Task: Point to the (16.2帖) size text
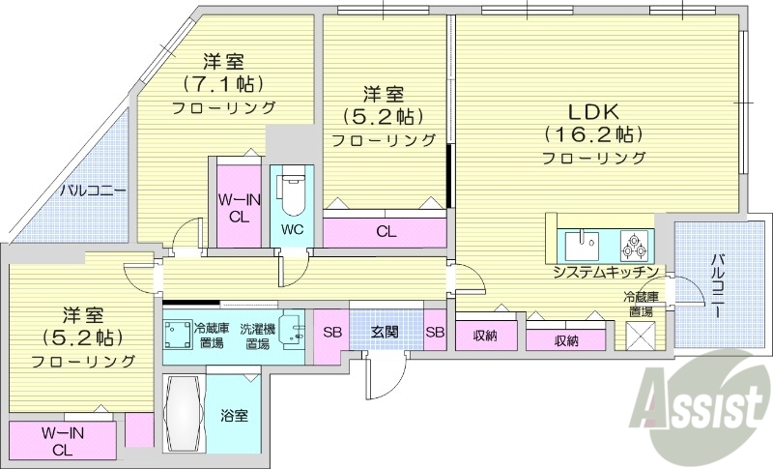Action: coord(592,133)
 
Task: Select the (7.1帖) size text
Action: coord(224,83)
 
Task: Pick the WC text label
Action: coord(293,230)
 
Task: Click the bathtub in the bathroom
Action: coord(184,414)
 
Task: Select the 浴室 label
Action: coord(235,416)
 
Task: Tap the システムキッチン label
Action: coord(606,272)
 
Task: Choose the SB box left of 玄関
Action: coord(331,333)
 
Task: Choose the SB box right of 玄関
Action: coord(435,333)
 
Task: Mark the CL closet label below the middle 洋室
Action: coord(386,232)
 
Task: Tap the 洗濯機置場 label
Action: coord(257,335)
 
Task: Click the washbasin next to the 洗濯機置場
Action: coord(289,325)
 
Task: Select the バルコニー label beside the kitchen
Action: coord(719,286)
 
